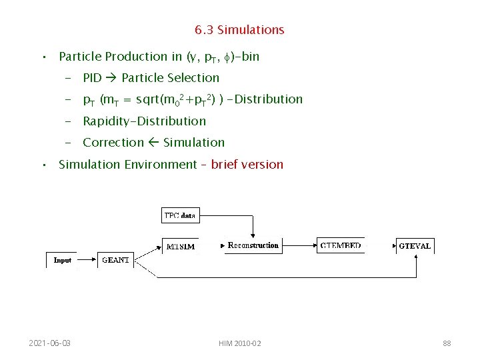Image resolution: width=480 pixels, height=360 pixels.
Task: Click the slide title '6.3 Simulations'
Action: (x=239, y=30)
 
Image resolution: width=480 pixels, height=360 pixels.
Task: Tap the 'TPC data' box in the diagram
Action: (x=180, y=215)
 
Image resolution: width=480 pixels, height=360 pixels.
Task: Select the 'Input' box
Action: (x=62, y=260)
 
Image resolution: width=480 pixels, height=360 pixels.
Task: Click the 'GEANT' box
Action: (x=115, y=260)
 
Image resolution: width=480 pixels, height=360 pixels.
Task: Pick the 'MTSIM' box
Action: (x=180, y=246)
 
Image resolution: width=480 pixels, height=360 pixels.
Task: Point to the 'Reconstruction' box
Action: (x=253, y=245)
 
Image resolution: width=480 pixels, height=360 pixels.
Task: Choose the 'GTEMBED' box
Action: (x=341, y=245)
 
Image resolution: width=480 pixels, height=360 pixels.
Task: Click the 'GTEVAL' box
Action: (x=415, y=246)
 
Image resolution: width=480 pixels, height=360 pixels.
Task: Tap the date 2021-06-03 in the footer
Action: (x=50, y=343)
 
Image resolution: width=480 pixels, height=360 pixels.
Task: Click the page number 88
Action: (x=447, y=343)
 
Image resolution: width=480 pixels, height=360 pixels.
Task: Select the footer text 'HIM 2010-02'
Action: (x=239, y=343)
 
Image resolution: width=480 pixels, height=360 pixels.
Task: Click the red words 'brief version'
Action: (x=247, y=164)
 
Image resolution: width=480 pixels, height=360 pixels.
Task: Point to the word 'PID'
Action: (x=92, y=78)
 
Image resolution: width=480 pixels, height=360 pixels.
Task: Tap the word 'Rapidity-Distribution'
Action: (x=144, y=121)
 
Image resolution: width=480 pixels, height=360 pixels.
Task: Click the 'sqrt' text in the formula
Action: (x=148, y=99)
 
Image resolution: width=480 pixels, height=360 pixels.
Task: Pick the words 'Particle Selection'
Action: (x=170, y=78)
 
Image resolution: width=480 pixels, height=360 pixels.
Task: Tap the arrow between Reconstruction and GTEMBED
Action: (x=299, y=245)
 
